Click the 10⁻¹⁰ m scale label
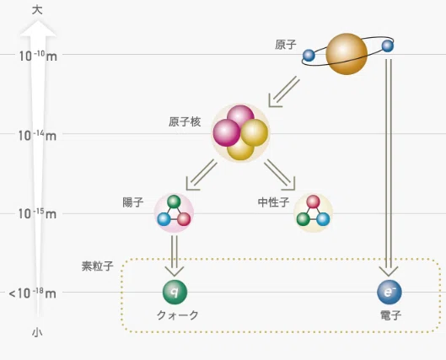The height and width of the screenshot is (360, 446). coord(38,56)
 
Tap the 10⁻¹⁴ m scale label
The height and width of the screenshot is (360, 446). coord(37,136)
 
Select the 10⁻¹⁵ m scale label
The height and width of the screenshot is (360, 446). coord(37,213)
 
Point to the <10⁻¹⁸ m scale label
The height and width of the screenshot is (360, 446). coord(32,293)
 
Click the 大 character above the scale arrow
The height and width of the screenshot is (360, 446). coord(37,10)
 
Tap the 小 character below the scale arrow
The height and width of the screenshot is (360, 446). coord(37,332)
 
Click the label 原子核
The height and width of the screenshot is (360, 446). coord(185,121)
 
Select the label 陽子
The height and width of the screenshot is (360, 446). coord(133,202)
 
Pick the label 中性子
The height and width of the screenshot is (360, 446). coord(274,202)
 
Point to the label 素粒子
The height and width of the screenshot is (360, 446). coord(98,266)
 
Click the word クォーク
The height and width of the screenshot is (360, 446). coord(178,315)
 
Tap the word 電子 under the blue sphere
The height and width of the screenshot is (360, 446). coord(391,315)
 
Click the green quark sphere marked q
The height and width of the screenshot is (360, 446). coord(175,292)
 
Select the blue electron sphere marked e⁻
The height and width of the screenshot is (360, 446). coord(390,292)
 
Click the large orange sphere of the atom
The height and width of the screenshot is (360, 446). coord(347,54)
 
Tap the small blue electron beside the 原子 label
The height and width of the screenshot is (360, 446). coord(309,55)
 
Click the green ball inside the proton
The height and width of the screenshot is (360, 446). coord(174,201)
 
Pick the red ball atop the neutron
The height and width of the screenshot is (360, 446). coord(313,201)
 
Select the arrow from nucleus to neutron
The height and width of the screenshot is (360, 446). coord(280,175)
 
